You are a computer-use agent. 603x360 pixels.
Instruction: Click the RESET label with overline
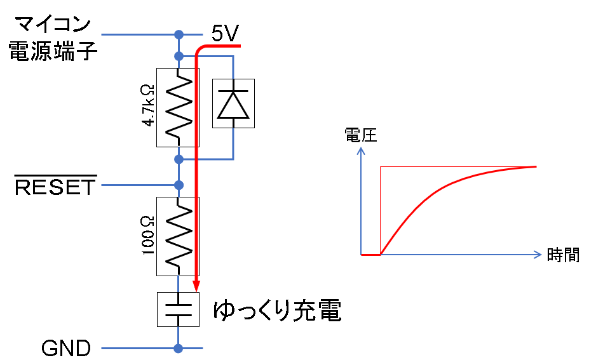56,187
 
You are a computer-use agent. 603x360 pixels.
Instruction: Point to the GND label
66,349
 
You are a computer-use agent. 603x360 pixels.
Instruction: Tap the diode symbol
233,103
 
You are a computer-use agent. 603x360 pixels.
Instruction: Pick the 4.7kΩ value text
147,104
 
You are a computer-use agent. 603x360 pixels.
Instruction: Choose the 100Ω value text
147,236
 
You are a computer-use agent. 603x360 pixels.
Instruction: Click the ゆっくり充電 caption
277,310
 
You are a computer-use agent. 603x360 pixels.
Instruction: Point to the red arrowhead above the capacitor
196,286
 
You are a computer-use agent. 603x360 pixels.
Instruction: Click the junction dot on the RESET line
179,185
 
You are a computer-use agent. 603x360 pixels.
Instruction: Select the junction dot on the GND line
179,348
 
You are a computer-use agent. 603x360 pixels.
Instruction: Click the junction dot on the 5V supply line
179,34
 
